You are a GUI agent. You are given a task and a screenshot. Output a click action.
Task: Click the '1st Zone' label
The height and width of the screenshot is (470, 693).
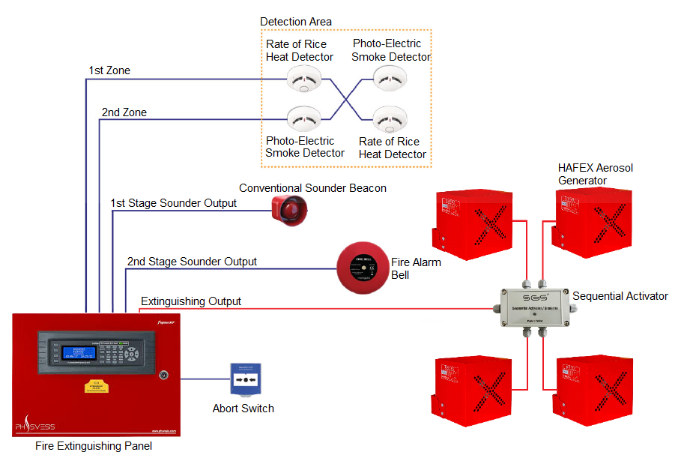[109, 70]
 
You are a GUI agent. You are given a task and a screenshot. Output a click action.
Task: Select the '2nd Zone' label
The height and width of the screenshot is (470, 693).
[124, 112]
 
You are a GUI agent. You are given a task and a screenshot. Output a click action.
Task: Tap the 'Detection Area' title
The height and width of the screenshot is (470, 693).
[295, 22]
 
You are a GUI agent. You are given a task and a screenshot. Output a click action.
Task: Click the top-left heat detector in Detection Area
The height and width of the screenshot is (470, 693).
[303, 79]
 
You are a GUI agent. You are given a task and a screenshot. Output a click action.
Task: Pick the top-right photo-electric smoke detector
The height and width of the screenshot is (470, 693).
[390, 77]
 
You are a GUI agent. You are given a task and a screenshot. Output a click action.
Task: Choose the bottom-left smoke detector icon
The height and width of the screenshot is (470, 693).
[303, 118]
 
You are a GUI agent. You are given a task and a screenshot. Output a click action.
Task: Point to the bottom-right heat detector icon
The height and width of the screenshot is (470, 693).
[390, 119]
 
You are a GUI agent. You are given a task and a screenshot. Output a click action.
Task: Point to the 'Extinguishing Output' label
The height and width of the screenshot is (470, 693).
[191, 301]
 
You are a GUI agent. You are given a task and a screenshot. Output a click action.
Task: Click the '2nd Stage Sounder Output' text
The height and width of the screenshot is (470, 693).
[192, 262]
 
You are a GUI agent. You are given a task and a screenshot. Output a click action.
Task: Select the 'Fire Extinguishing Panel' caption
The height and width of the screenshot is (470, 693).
[94, 446]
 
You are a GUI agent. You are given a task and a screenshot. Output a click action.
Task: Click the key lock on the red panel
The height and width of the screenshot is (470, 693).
[163, 373]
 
